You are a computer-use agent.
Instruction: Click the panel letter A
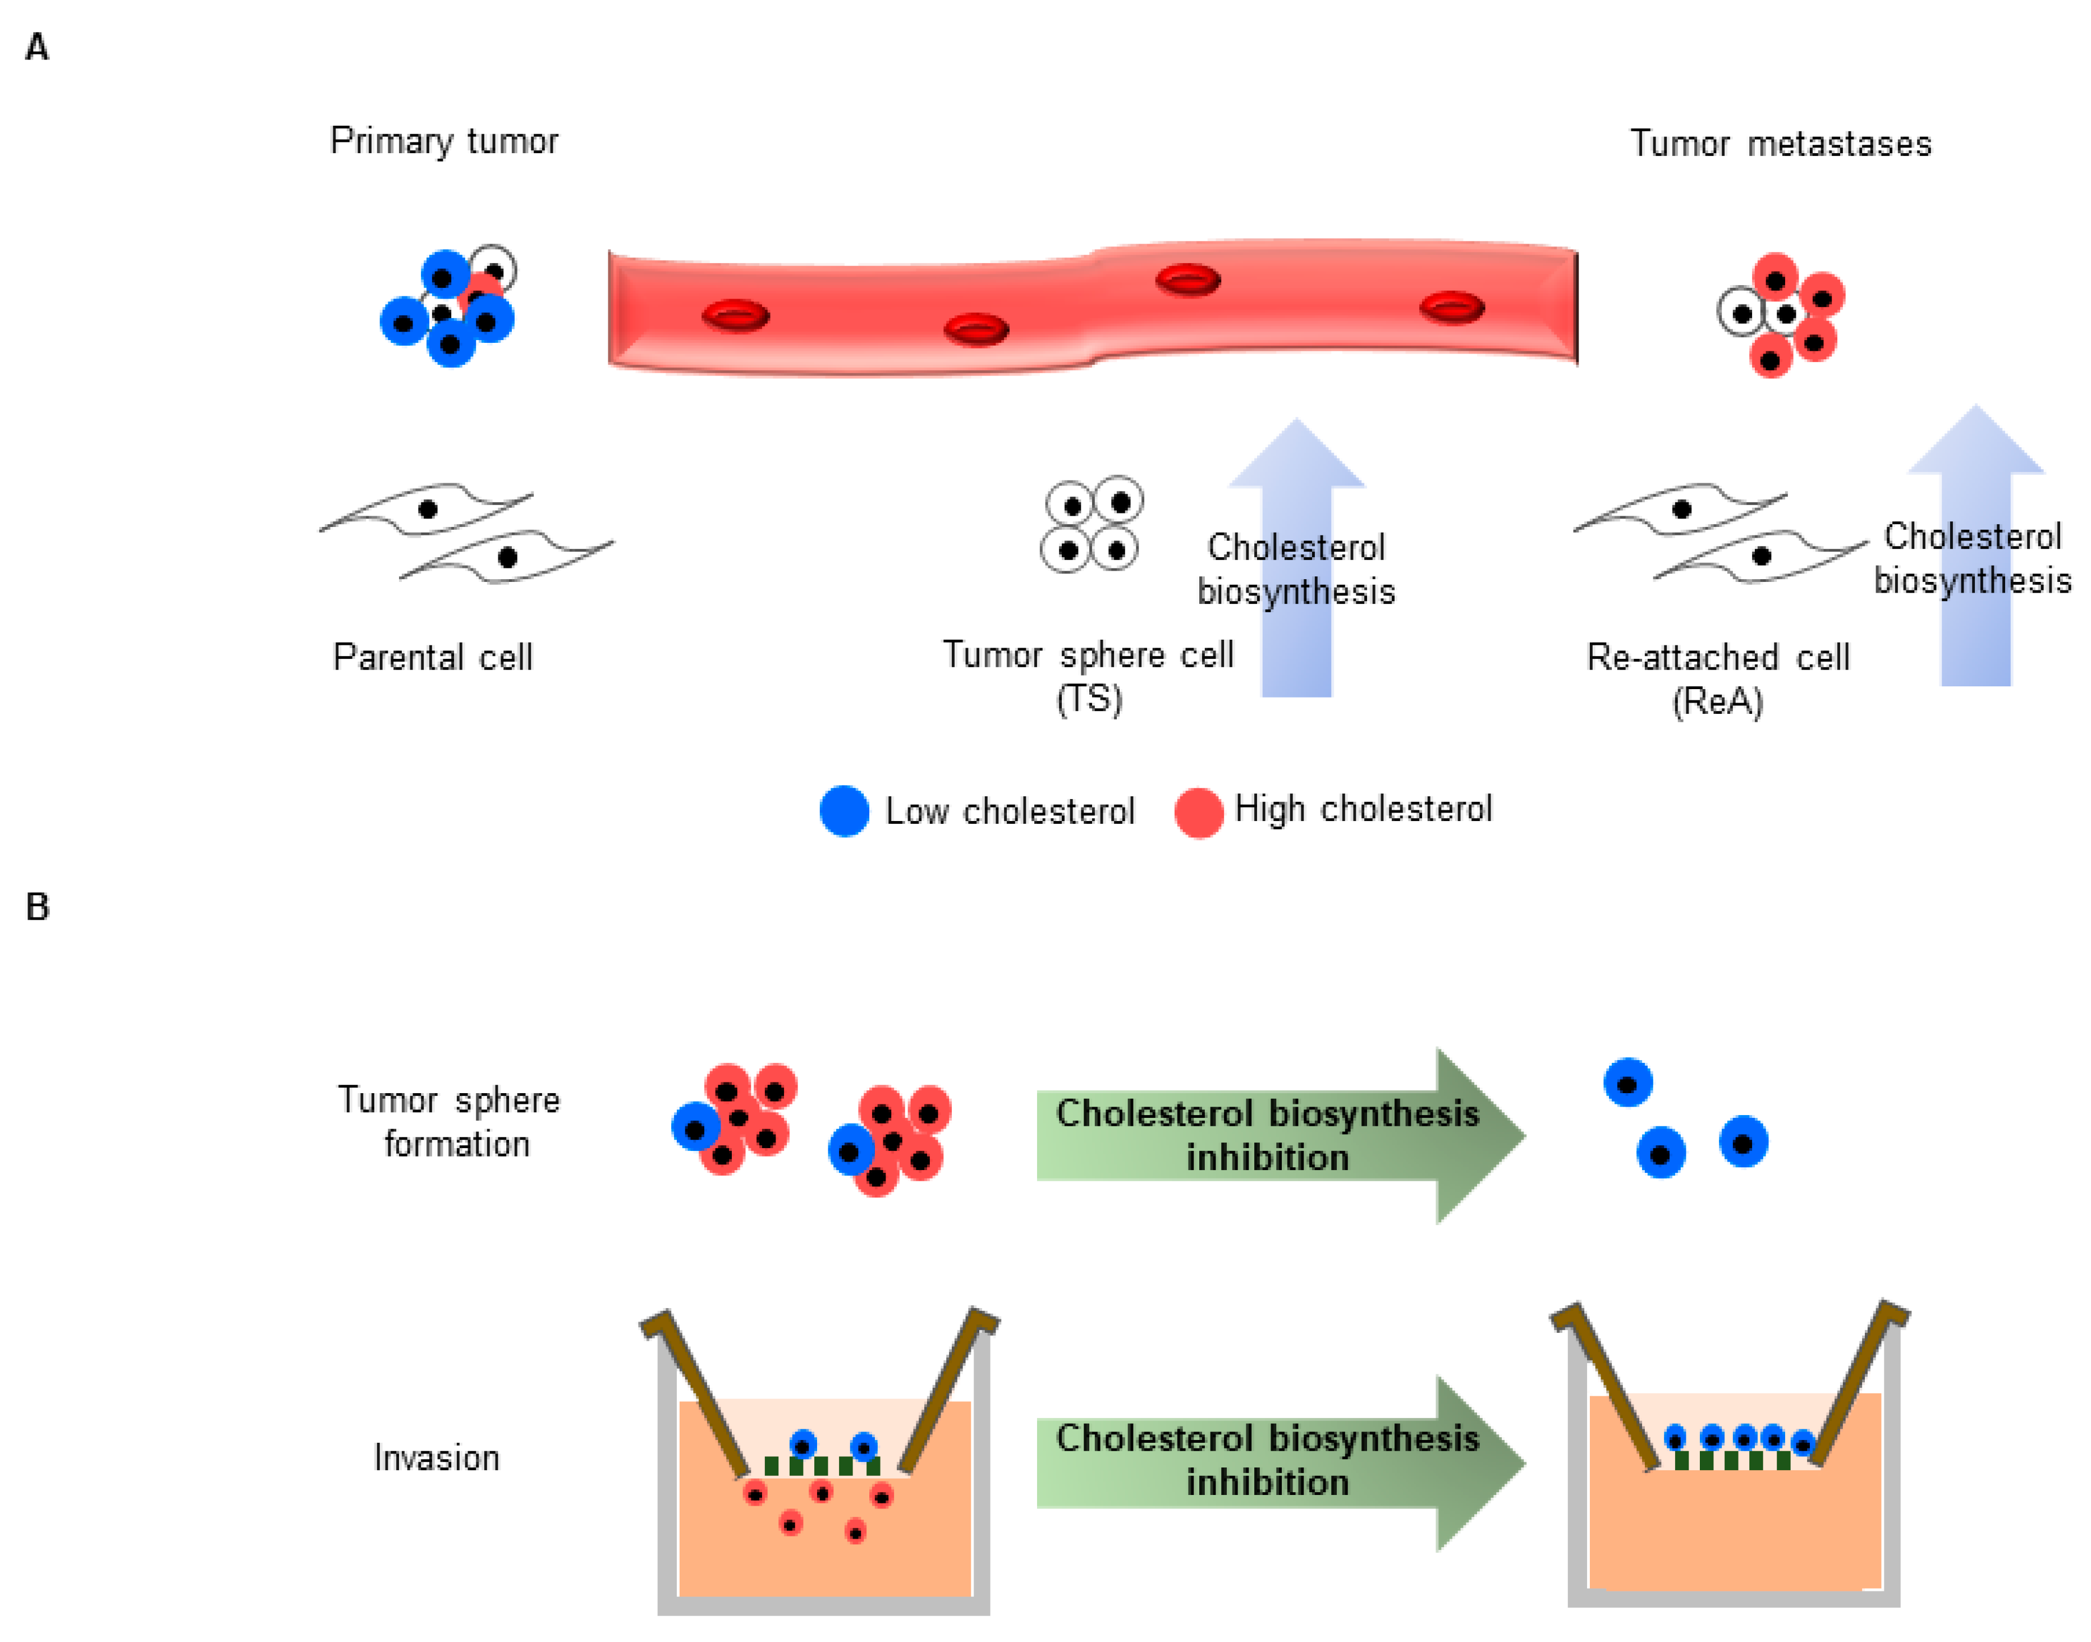[36, 46]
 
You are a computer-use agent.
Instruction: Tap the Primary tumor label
[443, 141]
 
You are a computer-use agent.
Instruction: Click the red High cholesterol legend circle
[1198, 813]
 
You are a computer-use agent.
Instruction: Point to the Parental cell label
[433, 658]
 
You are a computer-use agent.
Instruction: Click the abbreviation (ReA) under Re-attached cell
[1717, 702]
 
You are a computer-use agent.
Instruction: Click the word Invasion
[437, 1458]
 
